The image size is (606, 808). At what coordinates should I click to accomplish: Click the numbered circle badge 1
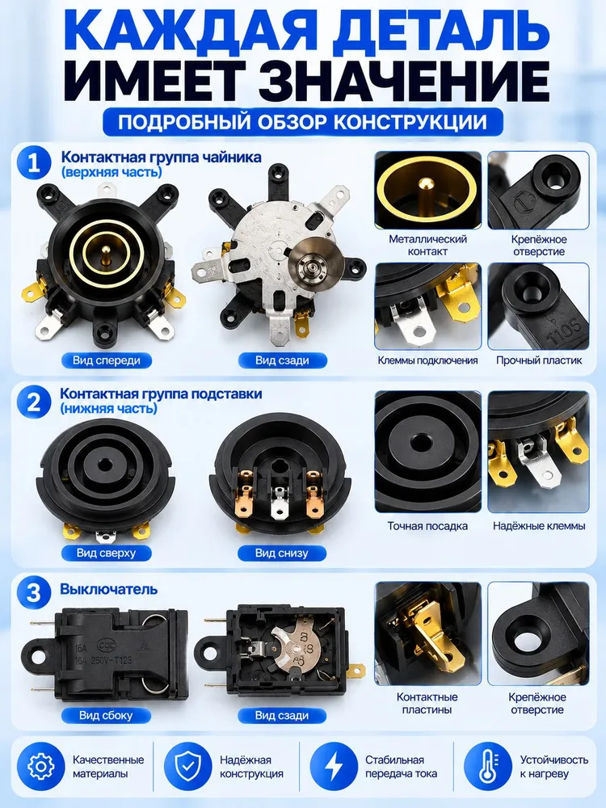coord(34,163)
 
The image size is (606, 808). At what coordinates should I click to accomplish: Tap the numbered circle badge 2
coord(34,402)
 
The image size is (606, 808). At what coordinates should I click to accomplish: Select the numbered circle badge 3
coord(34,592)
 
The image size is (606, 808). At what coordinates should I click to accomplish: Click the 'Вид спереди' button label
coord(106,360)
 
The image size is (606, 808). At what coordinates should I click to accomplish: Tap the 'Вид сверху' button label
coord(106,553)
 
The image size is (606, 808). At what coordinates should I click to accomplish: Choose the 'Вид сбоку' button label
coord(106,715)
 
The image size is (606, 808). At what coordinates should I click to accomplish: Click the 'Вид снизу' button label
coord(281,553)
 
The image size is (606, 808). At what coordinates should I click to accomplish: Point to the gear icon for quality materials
coord(40,766)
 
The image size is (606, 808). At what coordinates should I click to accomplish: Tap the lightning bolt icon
coord(334,766)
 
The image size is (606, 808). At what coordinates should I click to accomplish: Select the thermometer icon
coord(487,766)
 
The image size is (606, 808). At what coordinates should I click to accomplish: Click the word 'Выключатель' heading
coord(109,589)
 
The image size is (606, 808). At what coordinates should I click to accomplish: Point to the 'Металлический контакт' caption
coord(427,246)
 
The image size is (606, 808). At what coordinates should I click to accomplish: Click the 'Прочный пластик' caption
coord(539,360)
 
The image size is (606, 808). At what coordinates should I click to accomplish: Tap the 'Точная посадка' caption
coord(427,526)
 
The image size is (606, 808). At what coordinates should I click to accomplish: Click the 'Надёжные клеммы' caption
coord(539,526)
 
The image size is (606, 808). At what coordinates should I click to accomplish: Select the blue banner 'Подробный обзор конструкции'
coord(302,122)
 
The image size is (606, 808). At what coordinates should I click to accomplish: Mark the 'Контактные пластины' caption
coord(427,704)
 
